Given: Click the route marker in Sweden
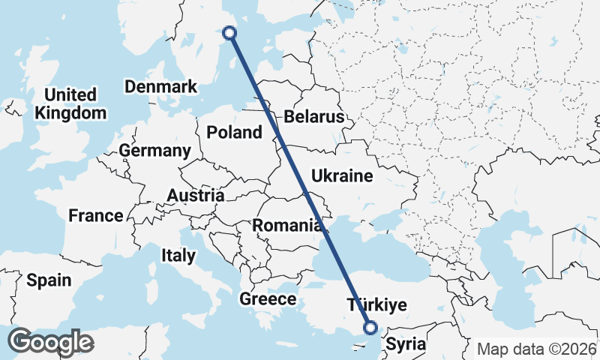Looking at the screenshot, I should pyautogui.click(x=230, y=32).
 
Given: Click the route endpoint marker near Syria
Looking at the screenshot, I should pyautogui.click(x=370, y=326).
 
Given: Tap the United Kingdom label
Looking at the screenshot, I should pyautogui.click(x=71, y=103).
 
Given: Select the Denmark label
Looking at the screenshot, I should pyautogui.click(x=160, y=86).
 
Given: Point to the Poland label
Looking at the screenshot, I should pyautogui.click(x=235, y=133).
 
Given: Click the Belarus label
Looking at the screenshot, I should pyautogui.click(x=313, y=117).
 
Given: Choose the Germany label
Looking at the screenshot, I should pyautogui.click(x=154, y=150).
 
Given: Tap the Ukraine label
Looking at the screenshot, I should pyautogui.click(x=341, y=176).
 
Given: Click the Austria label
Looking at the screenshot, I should pyautogui.click(x=195, y=196).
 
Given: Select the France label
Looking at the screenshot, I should pyautogui.click(x=95, y=216).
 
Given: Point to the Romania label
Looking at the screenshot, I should pyautogui.click(x=288, y=225).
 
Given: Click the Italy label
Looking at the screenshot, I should pyautogui.click(x=178, y=255).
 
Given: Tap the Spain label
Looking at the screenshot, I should pyautogui.click(x=49, y=280).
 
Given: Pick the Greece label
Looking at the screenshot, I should pyautogui.click(x=268, y=299).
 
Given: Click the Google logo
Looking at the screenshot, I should pyautogui.click(x=50, y=342).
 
